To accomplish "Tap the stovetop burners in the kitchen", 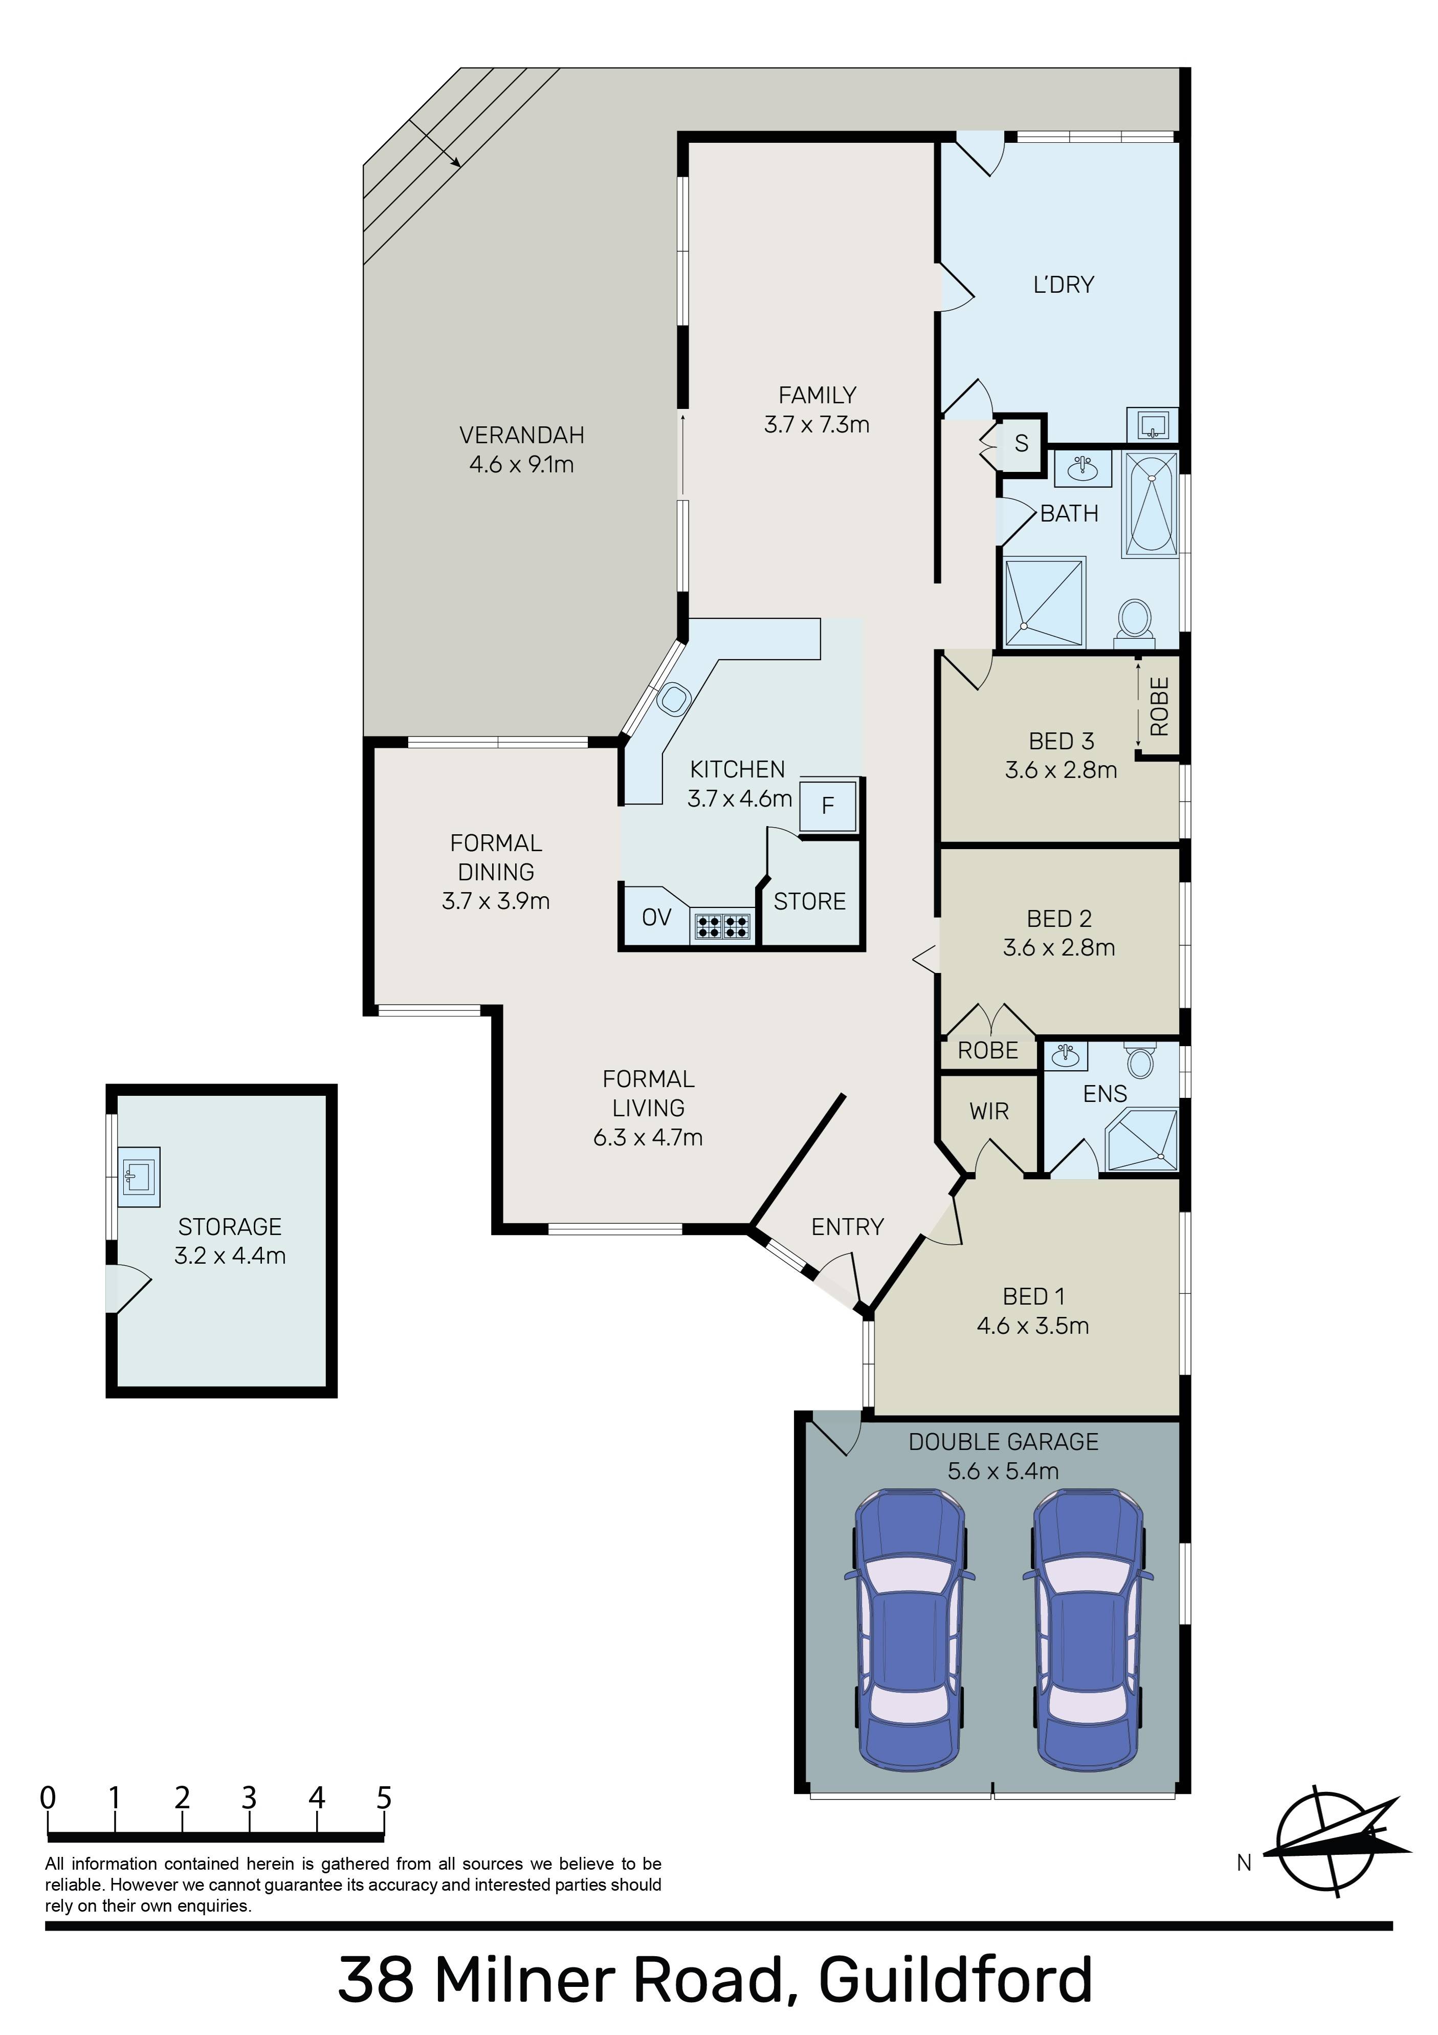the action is tap(721, 926).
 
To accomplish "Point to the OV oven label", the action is tap(656, 917).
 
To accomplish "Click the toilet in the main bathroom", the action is tap(1134, 619).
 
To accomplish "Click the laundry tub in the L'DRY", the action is tap(1152, 424).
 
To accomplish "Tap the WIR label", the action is tap(989, 1112).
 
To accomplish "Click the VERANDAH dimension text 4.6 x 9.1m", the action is tap(522, 464).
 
